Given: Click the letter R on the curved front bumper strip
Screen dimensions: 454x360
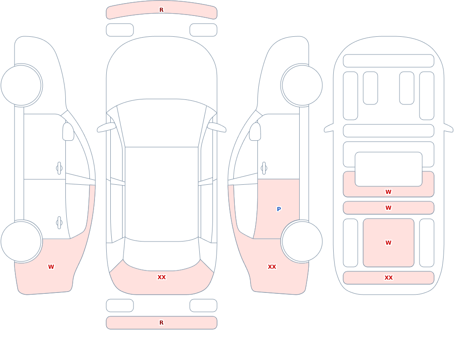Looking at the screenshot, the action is coord(161,10).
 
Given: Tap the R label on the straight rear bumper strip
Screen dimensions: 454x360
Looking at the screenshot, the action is coord(161,323).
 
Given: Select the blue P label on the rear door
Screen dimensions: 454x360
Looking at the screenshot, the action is coord(279,209).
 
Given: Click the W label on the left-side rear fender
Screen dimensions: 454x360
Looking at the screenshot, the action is coord(51,267).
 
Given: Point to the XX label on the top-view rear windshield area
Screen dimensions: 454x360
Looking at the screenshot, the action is coord(161,277).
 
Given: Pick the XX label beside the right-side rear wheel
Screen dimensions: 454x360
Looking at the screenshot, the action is coord(271,267).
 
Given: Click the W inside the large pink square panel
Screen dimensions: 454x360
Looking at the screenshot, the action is coord(388,243).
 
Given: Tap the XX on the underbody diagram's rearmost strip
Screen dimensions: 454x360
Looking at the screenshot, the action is coord(388,278).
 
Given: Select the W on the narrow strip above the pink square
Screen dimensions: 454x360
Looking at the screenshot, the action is coord(388,207).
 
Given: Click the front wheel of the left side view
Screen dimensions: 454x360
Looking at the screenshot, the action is coord(21,85).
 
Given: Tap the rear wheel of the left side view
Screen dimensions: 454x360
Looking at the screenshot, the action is coord(21,242).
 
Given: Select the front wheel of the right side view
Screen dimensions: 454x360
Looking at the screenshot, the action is coord(302,85).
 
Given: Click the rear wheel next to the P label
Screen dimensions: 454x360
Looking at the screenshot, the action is coord(302,242).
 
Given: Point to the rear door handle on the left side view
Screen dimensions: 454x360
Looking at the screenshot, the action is coord(59,223).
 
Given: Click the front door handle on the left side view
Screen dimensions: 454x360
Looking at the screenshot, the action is coord(59,168).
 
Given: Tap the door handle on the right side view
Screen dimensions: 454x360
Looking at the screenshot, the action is coord(264,168).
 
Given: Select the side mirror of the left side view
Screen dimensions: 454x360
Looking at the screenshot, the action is coord(68,132).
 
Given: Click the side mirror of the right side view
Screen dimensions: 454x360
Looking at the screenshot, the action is coord(255,132).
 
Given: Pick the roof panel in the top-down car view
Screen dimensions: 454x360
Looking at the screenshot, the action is coord(162,194).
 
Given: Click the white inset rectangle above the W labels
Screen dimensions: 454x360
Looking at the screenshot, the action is coord(389,169).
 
